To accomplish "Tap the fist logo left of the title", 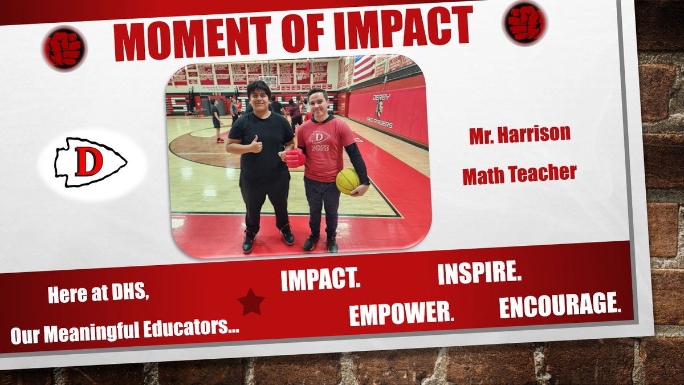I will click(x=64, y=49).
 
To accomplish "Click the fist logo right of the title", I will click(x=524, y=23).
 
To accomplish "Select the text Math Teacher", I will click(x=519, y=172).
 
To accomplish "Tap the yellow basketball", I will click(x=348, y=181).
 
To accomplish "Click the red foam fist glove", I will click(x=295, y=157).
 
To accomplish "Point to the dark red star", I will click(x=251, y=302).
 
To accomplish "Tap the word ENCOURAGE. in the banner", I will click(x=560, y=305).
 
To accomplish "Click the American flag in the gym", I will click(x=364, y=68).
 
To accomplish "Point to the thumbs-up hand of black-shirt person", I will click(x=255, y=145).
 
